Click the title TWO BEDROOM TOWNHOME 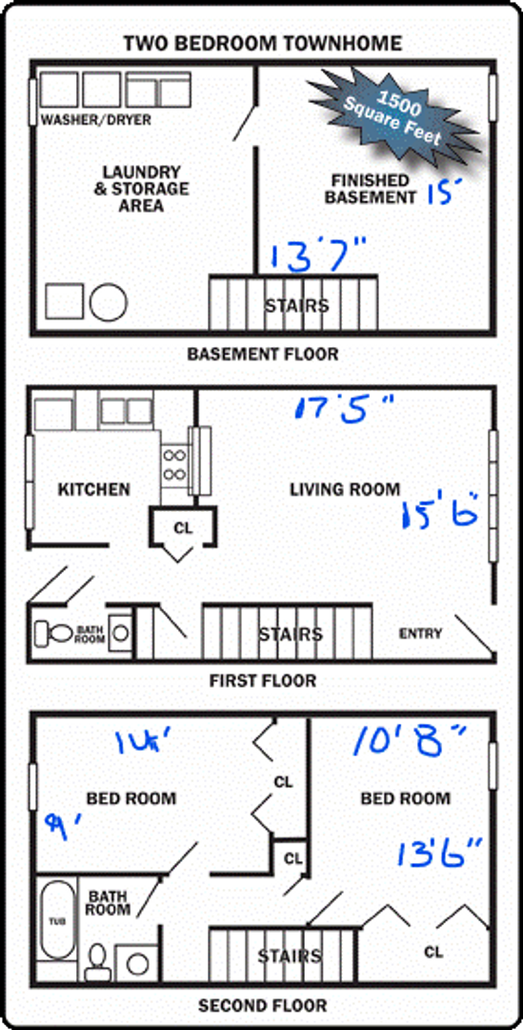tap(262, 43)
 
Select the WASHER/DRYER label tap(95, 121)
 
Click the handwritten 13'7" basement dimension tap(318, 256)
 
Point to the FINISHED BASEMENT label tap(370, 189)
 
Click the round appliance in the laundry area tap(109, 302)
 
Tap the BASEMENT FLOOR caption tap(262, 355)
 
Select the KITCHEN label tap(93, 489)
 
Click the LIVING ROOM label tap(345, 489)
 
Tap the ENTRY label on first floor tap(420, 634)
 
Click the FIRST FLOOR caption tap(262, 681)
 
